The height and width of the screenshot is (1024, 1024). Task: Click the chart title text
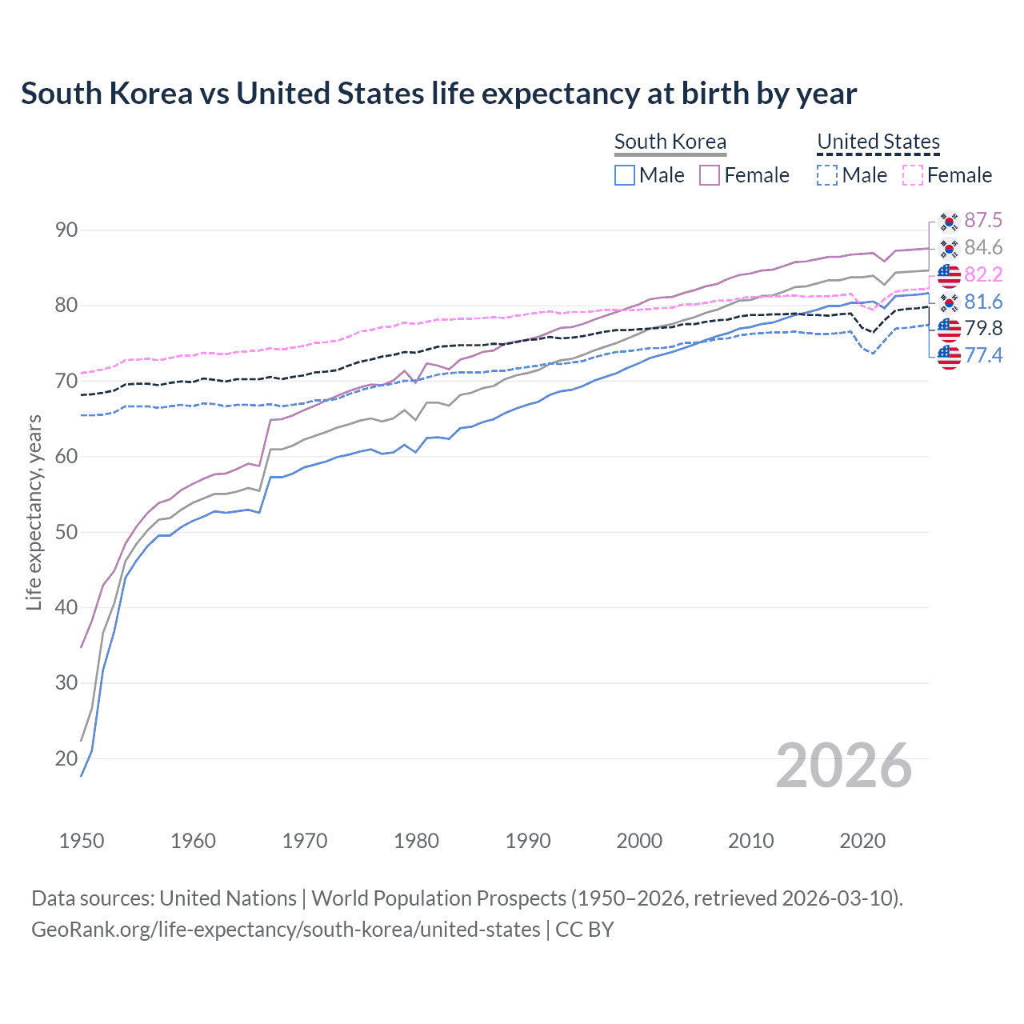coord(438,94)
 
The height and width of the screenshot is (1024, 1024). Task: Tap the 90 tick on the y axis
coord(66,230)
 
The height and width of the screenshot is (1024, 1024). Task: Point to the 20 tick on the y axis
coord(66,758)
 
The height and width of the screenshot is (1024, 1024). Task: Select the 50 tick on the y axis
coord(66,532)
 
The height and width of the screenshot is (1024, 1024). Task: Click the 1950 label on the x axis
coord(82,841)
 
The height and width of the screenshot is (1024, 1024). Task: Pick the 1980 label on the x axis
coord(416,841)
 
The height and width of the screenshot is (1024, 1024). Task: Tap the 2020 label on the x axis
coord(862,841)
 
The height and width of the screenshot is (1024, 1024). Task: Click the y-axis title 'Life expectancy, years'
coord(34,512)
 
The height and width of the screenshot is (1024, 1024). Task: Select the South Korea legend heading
coord(670,142)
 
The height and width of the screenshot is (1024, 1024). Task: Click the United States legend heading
coord(878,142)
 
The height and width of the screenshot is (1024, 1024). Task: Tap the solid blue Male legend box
coord(625,175)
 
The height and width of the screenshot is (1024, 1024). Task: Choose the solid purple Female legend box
coord(710,175)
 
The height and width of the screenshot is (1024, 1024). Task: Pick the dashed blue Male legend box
coord(827,175)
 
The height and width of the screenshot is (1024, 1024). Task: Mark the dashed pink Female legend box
coord(913,175)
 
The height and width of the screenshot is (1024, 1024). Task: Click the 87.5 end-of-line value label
coord(983,221)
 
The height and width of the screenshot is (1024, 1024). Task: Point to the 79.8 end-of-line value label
coord(983,328)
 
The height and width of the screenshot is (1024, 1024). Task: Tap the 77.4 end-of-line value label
coord(983,355)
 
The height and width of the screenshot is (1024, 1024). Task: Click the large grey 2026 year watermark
coord(843,766)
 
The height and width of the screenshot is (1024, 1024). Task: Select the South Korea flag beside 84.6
coord(949,248)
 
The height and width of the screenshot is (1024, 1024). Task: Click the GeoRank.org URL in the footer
coord(286,930)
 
